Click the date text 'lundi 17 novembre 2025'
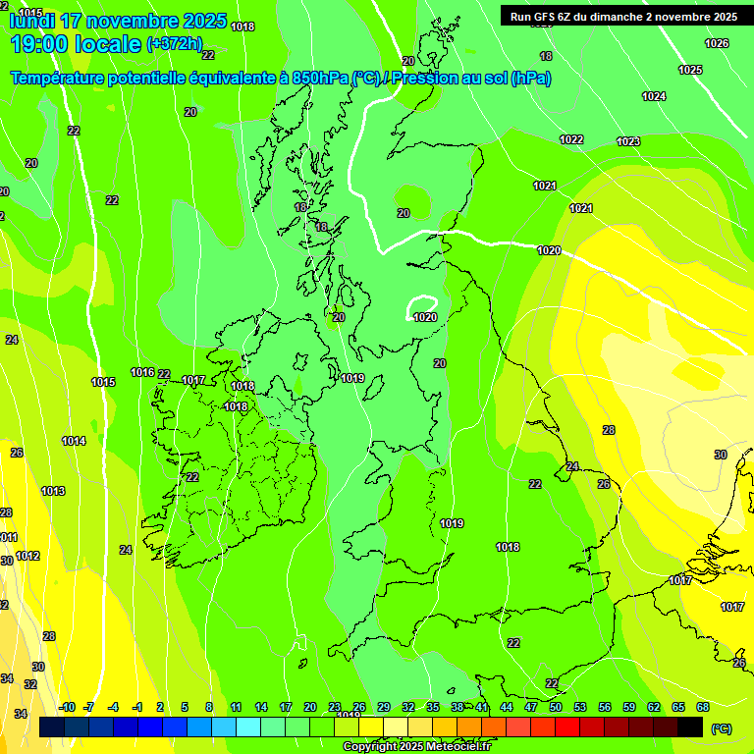pyautogui.click(x=118, y=21)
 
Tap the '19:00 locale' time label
pyautogui.click(x=76, y=44)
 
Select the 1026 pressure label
pyautogui.click(x=717, y=43)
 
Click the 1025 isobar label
pyautogui.click(x=690, y=70)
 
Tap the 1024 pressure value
pyautogui.click(x=654, y=96)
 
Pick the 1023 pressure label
pyautogui.click(x=628, y=142)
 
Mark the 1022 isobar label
pyautogui.click(x=571, y=139)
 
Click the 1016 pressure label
pyautogui.click(x=142, y=372)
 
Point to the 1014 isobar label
pyautogui.click(x=74, y=441)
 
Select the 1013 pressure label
pyautogui.click(x=53, y=491)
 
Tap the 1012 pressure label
pyautogui.click(x=27, y=557)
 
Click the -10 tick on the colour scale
pyautogui.click(x=67, y=707)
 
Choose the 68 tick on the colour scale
pyautogui.click(x=703, y=707)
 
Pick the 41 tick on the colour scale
pyautogui.click(x=482, y=707)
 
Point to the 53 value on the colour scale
pyautogui.click(x=580, y=707)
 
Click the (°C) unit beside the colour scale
pyautogui.click(x=721, y=727)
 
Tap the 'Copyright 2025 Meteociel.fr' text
pyautogui.click(x=416, y=746)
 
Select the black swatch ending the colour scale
pyautogui.click(x=690, y=727)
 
